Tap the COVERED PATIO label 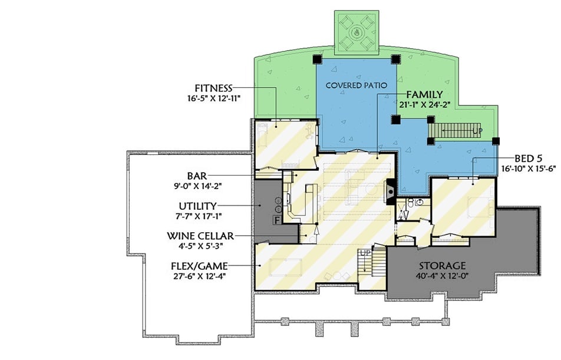click(357, 85)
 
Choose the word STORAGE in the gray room click(442, 266)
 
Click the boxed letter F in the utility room click(276, 220)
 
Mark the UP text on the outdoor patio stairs click(477, 130)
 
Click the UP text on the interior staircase click(364, 252)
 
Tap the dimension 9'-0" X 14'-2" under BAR click(195, 186)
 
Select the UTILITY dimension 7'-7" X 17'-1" click(194, 216)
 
